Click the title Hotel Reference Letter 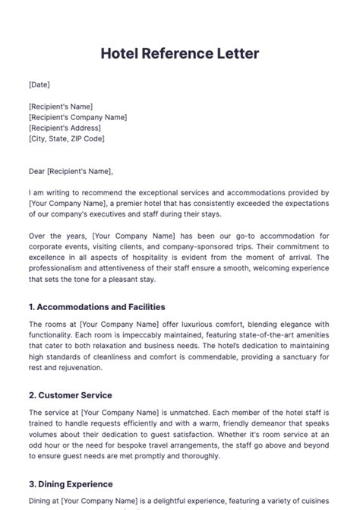tap(180, 54)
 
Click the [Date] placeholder tap(39, 84)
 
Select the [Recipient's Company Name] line tap(77, 117)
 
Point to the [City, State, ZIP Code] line tap(67, 138)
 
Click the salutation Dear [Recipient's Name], tap(70, 172)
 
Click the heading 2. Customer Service tap(71, 395)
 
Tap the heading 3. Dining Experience tap(71, 483)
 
